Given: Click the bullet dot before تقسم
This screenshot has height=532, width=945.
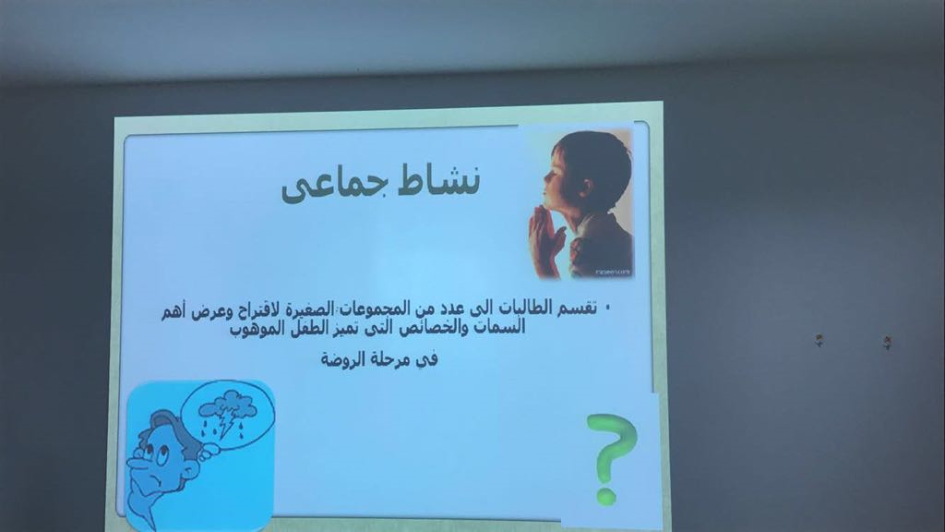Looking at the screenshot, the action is (607, 308).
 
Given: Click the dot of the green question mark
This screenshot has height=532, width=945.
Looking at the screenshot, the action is (606, 496).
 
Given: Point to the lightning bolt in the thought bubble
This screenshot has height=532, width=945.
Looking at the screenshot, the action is (227, 423).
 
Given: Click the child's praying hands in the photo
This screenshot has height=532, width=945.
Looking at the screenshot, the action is (545, 236).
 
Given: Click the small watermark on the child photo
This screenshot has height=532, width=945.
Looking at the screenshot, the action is (613, 272).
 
